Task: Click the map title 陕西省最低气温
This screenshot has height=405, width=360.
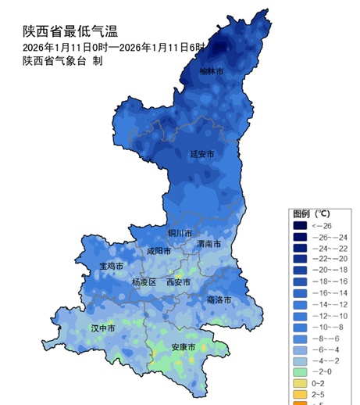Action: tap(70, 30)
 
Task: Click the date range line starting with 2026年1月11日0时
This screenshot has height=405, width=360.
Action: tap(113, 47)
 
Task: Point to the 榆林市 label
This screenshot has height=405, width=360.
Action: tap(211, 72)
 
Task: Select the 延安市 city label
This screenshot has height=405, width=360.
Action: tap(201, 155)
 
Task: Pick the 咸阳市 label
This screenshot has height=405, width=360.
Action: tap(159, 252)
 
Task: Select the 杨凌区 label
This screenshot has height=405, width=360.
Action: tap(144, 282)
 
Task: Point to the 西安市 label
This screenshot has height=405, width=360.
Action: tap(179, 282)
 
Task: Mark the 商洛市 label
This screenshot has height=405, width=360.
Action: tap(219, 299)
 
